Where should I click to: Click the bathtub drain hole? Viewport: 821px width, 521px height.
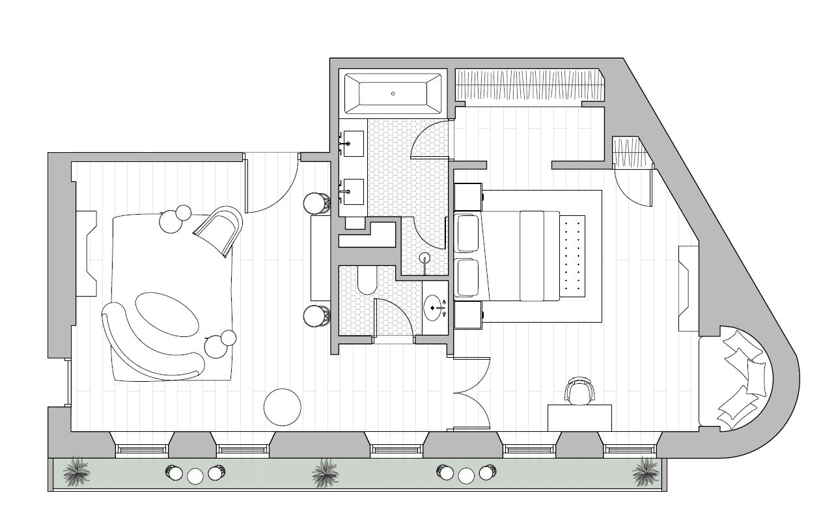pos(393,94)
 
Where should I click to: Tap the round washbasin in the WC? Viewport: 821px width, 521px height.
pos(435,307)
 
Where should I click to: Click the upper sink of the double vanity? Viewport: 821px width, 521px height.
pos(353,143)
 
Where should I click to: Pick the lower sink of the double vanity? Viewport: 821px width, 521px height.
pos(353,191)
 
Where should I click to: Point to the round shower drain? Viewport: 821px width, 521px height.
pos(425,257)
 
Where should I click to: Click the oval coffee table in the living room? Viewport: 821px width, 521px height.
pos(167,314)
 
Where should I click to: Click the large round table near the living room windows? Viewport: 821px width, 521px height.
pos(283,407)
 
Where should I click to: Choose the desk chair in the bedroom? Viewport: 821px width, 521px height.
pos(579,390)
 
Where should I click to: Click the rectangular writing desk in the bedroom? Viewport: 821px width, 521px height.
pos(579,418)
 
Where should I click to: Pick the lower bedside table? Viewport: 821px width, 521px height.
pos(467,314)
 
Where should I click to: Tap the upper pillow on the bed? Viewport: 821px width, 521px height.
pos(468,233)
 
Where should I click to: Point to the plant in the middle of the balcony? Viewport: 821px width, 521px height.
pos(325,473)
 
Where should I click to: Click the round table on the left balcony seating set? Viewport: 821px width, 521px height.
pos(195,475)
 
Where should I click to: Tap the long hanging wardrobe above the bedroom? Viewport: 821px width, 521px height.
pos(529,85)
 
